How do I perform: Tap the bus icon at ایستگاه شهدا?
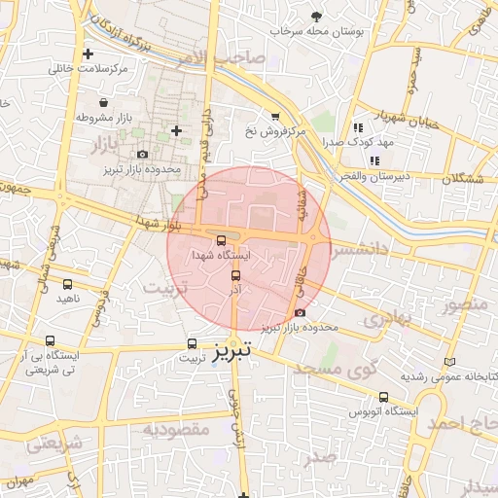[221, 239]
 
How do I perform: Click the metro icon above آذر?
[234, 274]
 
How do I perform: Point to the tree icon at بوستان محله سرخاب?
[316, 16]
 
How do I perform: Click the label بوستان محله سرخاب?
[318, 31]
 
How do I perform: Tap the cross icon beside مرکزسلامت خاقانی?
[89, 53]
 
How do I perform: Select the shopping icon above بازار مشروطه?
[103, 102]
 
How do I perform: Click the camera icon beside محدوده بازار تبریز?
[143, 154]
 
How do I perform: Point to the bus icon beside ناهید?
[67, 285]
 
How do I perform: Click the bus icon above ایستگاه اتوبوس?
[383, 397]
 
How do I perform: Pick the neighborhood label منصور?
[464, 305]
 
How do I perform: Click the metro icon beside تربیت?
[192, 343]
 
